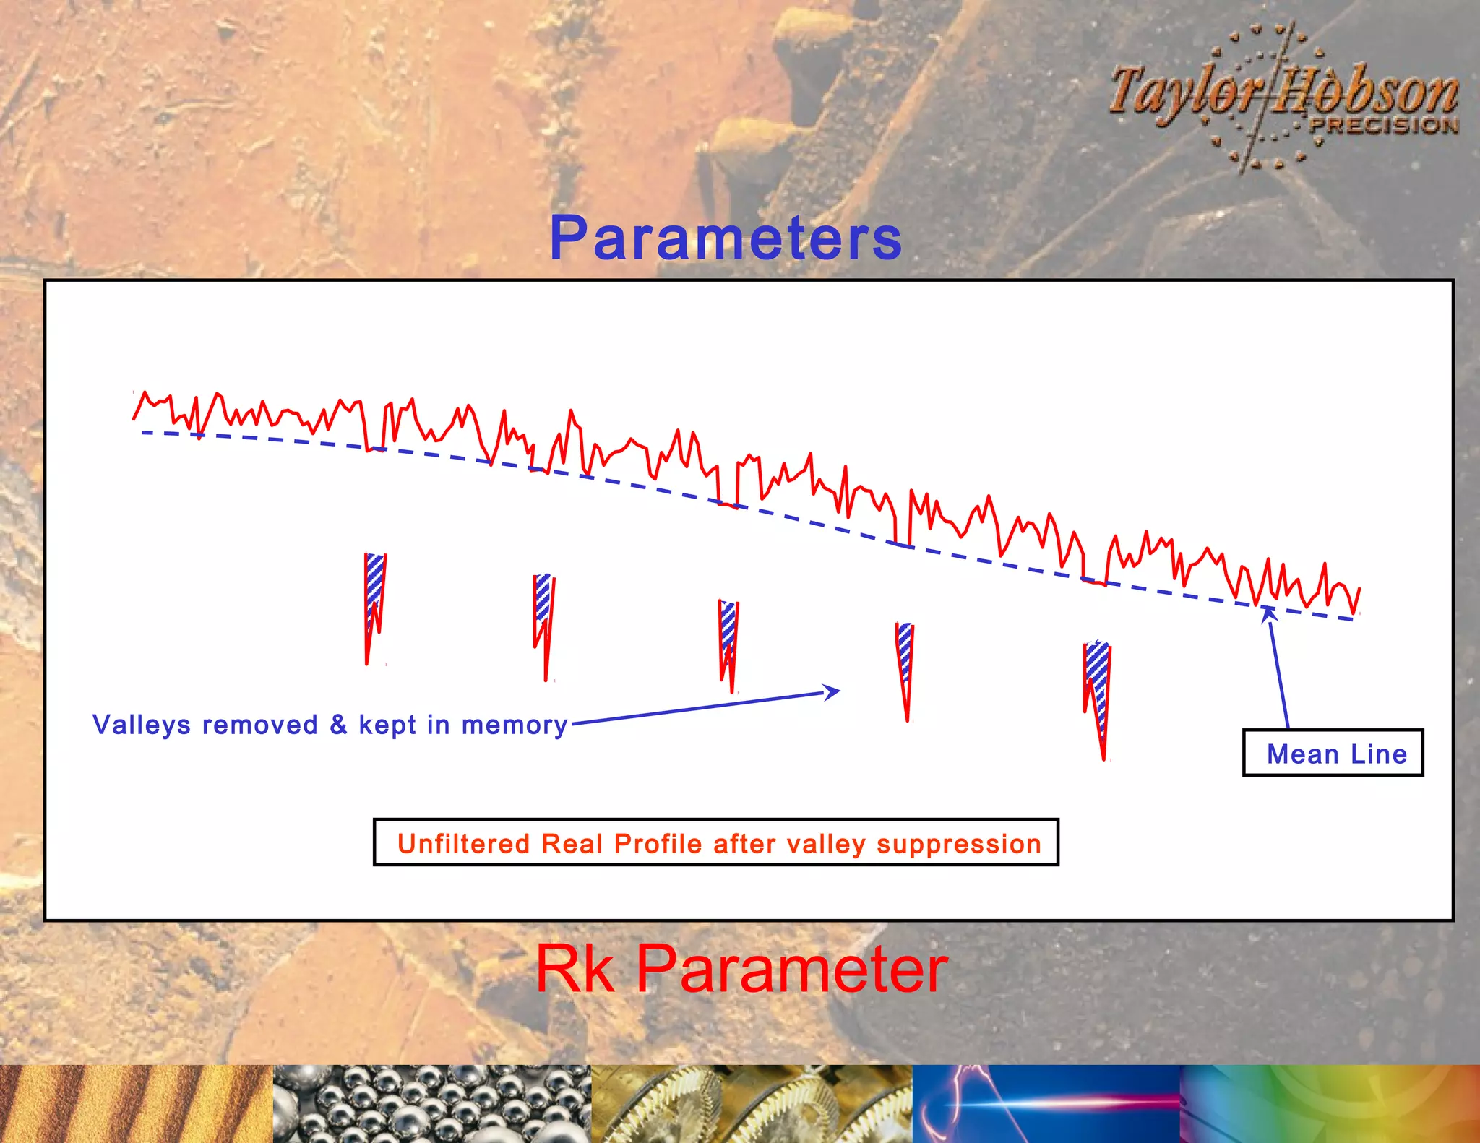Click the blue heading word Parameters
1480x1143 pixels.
click(x=726, y=238)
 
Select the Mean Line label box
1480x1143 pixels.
click(x=1333, y=753)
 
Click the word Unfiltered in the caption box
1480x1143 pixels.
click(x=463, y=844)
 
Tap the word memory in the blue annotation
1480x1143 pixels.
click(x=515, y=725)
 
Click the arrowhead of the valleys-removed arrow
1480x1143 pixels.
click(x=832, y=692)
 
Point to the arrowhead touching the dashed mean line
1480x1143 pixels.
click(x=1269, y=614)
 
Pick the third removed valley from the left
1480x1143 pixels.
click(x=728, y=639)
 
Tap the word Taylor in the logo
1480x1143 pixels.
click(x=1185, y=92)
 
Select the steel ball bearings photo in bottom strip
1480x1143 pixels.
click(x=431, y=1103)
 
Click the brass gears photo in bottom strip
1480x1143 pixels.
click(x=752, y=1103)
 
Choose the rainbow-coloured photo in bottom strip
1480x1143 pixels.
click(x=1330, y=1103)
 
